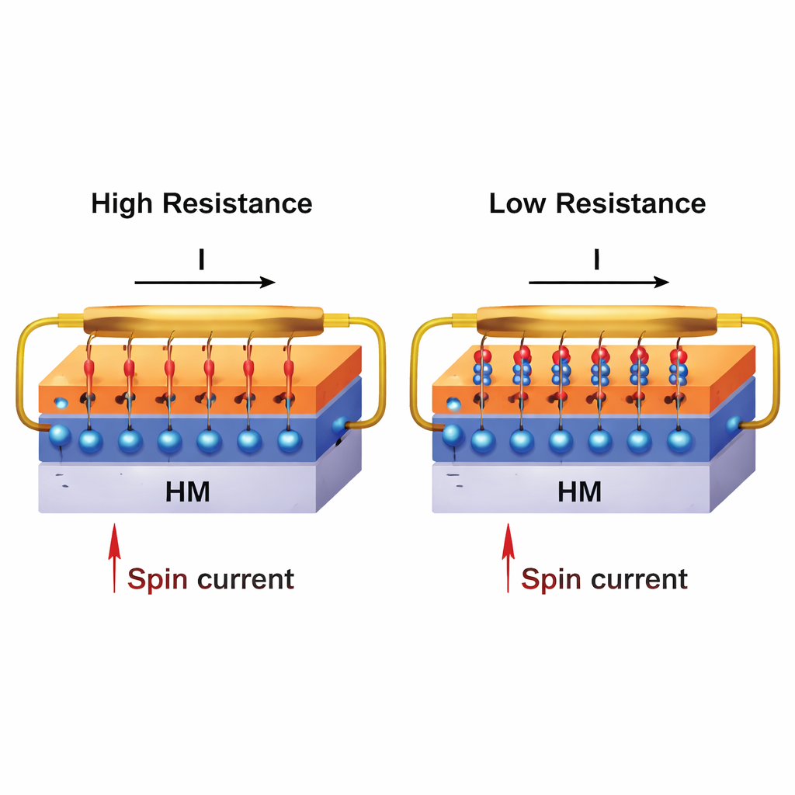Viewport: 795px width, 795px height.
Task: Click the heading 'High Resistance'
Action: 202,203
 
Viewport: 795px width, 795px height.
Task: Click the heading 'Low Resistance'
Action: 597,203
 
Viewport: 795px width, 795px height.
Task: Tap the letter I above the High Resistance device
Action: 202,260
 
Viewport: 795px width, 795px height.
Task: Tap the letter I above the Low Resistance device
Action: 596,260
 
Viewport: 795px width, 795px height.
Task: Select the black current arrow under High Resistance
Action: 205,282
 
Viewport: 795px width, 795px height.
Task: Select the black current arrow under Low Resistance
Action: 599,282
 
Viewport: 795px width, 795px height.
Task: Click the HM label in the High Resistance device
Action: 188,491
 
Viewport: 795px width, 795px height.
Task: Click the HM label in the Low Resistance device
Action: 580,491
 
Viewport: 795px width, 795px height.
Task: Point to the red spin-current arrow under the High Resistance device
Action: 114,557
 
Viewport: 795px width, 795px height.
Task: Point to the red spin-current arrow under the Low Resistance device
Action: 508,557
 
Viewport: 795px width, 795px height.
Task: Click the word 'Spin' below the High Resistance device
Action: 158,580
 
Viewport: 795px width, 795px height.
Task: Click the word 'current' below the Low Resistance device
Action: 639,580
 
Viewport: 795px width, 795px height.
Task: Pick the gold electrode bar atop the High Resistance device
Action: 203,321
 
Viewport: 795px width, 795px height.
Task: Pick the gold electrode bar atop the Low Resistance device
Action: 597,321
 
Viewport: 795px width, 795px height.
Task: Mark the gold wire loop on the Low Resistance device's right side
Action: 773,373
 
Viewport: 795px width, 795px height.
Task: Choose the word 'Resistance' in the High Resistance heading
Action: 238,203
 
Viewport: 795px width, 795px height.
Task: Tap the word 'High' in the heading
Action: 123,203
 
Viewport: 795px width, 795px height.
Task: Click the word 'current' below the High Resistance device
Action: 245,580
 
